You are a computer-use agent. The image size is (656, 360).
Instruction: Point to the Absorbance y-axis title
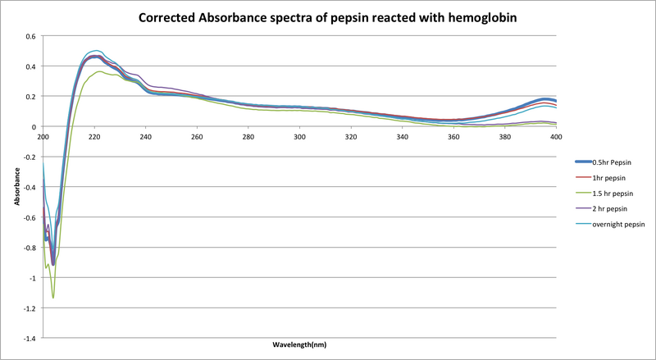(18, 187)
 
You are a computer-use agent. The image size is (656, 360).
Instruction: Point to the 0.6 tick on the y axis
(30, 36)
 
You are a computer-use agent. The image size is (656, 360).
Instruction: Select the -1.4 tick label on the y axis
(28, 338)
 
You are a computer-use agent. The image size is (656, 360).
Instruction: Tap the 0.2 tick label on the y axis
(30, 97)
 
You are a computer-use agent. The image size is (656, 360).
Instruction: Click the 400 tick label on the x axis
(555, 136)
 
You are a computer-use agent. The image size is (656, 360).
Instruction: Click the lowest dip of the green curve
(53, 298)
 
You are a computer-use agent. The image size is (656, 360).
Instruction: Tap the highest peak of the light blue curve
(96, 51)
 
